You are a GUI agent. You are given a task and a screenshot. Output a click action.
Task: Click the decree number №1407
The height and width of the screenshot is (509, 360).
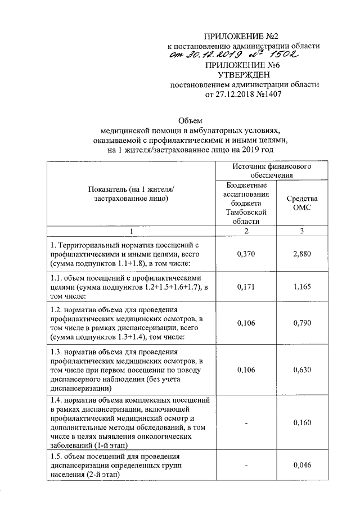point(268,94)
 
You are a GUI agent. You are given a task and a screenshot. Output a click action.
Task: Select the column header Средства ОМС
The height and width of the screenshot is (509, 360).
point(302,203)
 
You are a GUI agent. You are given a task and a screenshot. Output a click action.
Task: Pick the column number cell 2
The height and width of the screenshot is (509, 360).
point(245,231)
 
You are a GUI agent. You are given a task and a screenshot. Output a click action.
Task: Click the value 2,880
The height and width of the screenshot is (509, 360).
point(302,254)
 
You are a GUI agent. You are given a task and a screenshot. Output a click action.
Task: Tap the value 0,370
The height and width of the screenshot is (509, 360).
point(246,254)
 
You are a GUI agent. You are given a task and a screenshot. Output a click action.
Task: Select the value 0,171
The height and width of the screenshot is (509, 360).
point(246,287)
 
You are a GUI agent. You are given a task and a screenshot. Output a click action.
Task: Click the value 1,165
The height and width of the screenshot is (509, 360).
point(302,287)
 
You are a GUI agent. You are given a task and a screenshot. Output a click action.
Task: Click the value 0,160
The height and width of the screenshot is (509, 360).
point(302,422)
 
